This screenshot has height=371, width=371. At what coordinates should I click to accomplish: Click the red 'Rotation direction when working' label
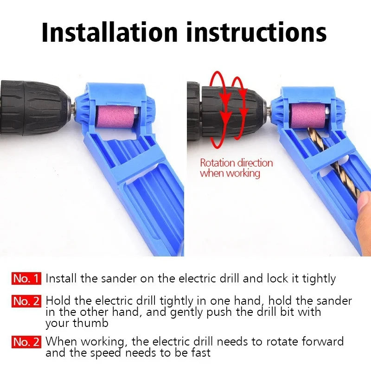tap(236, 168)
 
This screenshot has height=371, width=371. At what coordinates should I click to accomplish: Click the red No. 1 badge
tap(27, 279)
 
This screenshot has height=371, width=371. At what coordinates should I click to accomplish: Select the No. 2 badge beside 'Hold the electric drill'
tap(27, 301)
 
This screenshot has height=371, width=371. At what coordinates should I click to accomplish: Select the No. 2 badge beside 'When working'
tap(27, 342)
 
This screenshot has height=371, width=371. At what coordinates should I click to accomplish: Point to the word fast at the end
tap(199, 353)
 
